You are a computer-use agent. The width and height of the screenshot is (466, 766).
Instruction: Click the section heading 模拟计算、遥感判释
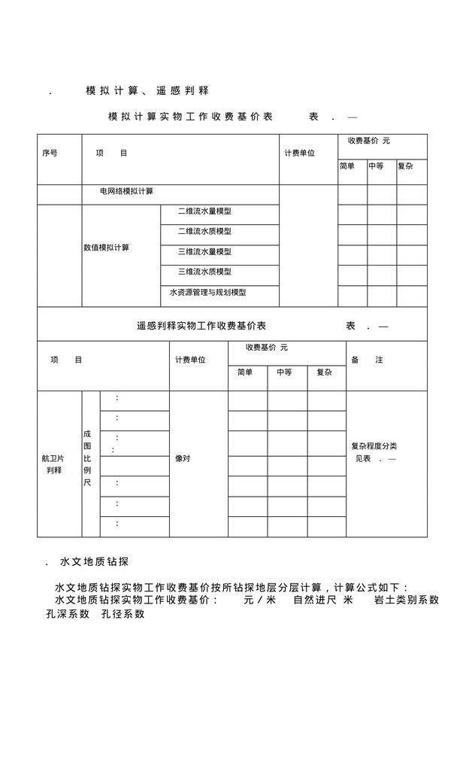coord(147,91)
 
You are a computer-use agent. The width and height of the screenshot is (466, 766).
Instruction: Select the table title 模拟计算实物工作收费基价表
coord(190,117)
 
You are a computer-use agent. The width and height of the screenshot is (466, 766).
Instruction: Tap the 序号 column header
coord(50,154)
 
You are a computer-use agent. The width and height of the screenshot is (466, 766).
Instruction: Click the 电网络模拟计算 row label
coord(126,192)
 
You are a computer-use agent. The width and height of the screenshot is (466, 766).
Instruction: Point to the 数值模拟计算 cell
coord(106,248)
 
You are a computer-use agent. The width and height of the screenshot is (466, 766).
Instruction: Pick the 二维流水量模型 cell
coord(204,211)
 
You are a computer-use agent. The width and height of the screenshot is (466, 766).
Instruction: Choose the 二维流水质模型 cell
coord(204,232)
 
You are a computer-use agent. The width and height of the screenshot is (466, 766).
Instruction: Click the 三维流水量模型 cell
coord(204,252)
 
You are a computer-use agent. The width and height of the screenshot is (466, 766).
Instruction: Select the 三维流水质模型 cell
coord(204,272)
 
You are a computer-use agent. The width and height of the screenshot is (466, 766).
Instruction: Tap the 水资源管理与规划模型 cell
coord(207,293)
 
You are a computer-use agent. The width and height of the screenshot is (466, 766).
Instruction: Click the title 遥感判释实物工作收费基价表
coord(201,327)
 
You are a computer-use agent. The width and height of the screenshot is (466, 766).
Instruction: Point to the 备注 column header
coord(368,360)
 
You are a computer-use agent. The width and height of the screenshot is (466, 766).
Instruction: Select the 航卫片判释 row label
coord(53,464)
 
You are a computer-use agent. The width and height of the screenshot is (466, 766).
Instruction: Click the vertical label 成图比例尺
coord(87,458)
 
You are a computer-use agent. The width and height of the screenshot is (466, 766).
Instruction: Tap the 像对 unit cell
coord(183,458)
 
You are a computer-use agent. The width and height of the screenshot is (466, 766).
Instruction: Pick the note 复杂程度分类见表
coord(374,452)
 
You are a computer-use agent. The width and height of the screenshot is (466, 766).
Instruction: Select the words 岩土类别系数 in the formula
coord(407,600)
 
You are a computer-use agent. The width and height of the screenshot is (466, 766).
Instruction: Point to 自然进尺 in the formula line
coord(313,600)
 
